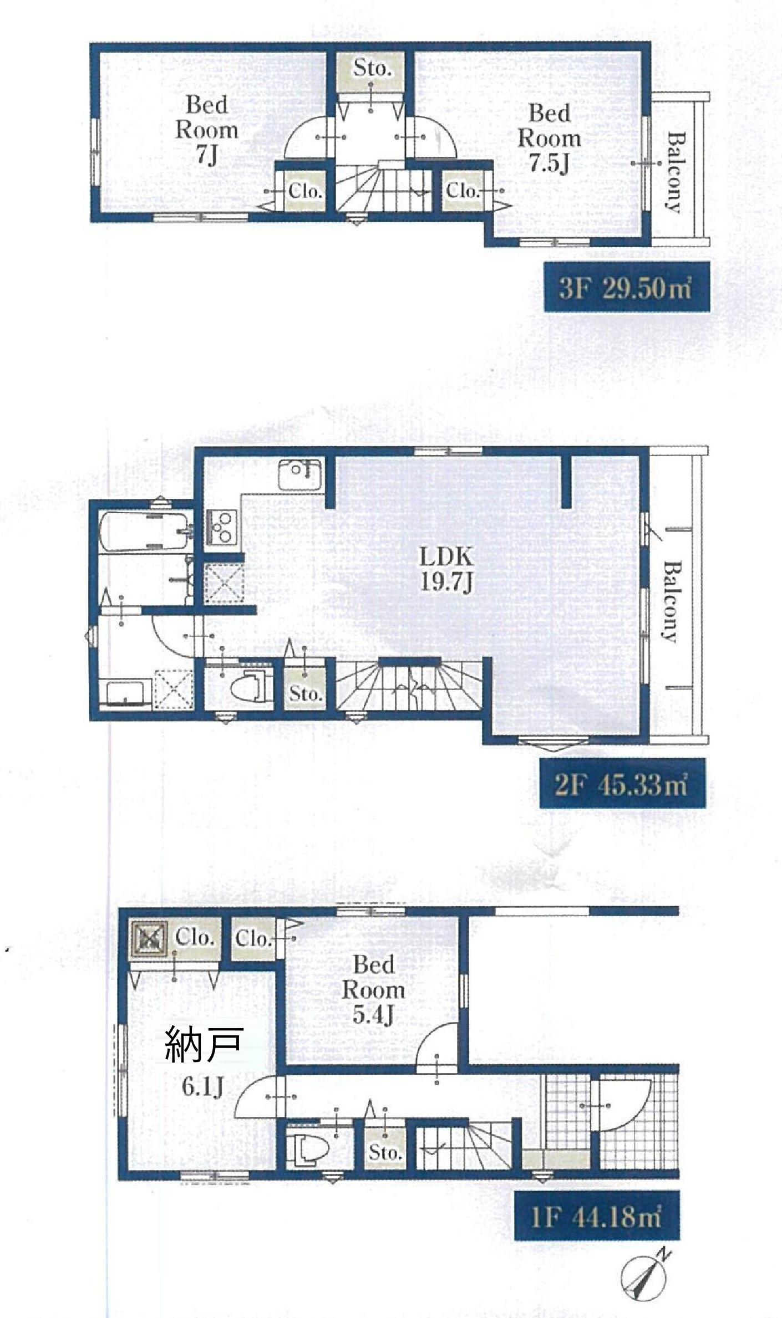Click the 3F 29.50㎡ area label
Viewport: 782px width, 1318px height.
click(x=626, y=288)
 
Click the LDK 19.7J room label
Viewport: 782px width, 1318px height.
click(x=446, y=569)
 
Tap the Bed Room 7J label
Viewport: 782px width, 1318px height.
click(x=207, y=130)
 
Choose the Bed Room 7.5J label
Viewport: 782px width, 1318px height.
click(x=549, y=138)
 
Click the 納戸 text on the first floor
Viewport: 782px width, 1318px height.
click(x=204, y=1044)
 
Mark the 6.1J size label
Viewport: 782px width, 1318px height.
click(x=202, y=1087)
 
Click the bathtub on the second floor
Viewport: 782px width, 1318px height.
click(x=146, y=531)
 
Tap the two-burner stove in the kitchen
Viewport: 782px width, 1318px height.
click(x=221, y=527)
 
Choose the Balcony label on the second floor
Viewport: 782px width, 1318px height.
click(x=672, y=601)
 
